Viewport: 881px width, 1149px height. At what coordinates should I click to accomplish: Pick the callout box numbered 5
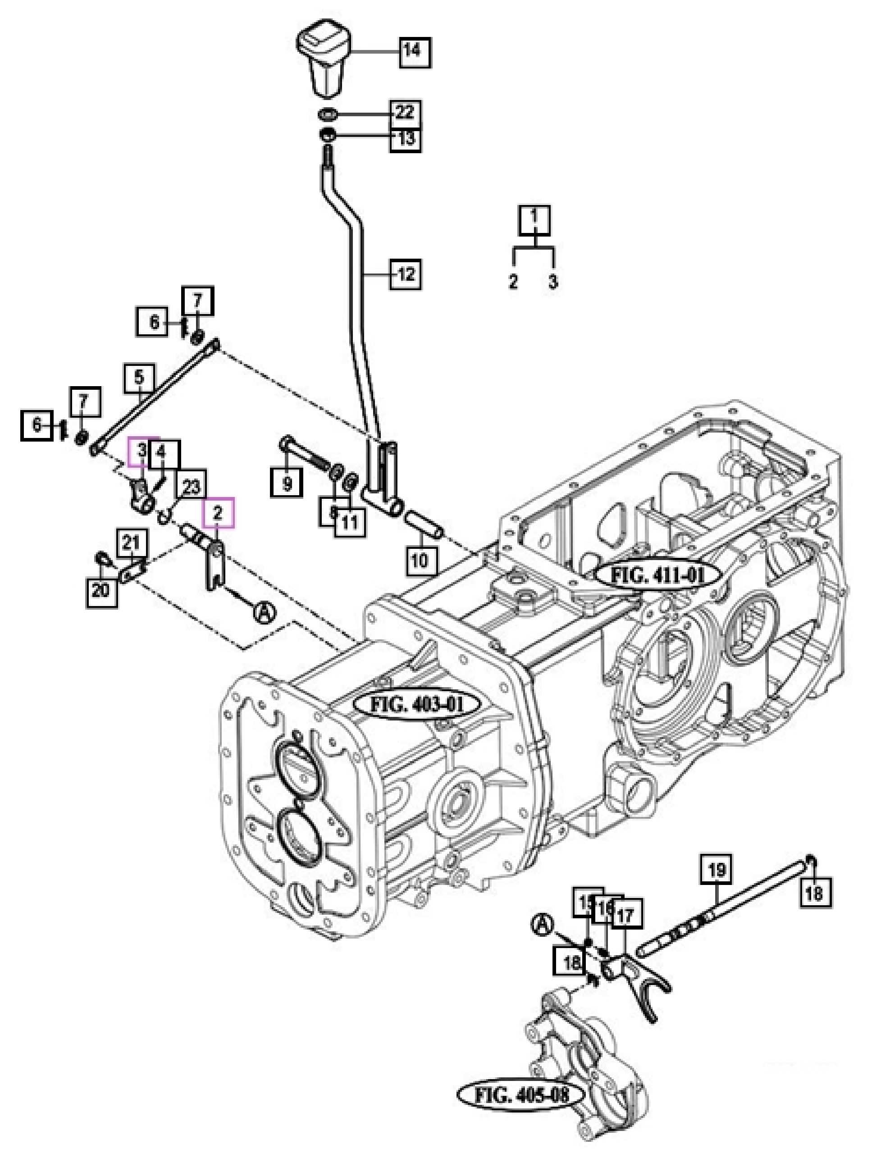point(140,378)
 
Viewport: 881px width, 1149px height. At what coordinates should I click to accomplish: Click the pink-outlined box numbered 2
point(218,512)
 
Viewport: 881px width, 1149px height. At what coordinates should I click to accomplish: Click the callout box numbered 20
point(102,590)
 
